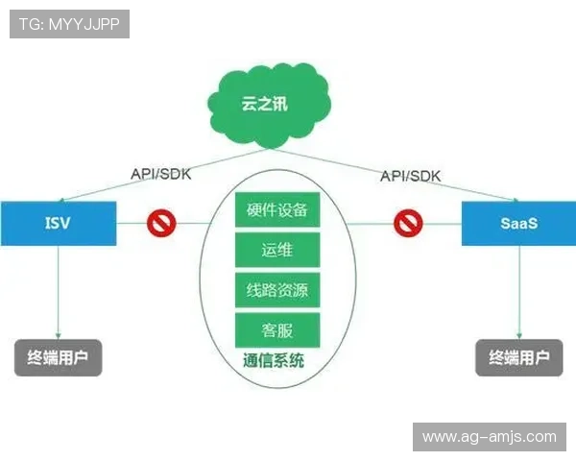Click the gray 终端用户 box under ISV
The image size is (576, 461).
pos(58,357)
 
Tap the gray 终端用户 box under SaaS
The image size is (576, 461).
pos(518,357)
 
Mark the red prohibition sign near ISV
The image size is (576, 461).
pos(160,224)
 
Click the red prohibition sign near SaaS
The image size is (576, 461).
pos(408,224)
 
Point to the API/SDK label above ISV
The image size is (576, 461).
pos(160,175)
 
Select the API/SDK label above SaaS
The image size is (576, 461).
pos(410,175)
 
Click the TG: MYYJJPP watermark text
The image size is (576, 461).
pos(69,24)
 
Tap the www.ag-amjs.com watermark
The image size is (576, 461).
pos(489,437)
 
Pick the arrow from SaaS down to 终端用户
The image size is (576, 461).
pos(518,293)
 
